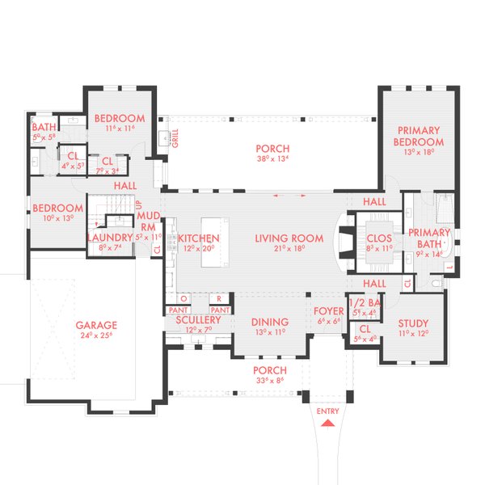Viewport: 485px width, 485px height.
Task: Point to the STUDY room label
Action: [413, 324]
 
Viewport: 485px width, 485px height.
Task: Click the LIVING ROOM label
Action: [289, 238]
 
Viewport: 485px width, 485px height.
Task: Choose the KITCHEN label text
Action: [198, 238]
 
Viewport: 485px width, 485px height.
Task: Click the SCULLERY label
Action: [198, 321]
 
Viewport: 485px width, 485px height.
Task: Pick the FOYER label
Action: [328, 310]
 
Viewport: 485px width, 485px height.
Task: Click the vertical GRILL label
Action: [175, 138]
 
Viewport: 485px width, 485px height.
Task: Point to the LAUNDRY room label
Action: [110, 237]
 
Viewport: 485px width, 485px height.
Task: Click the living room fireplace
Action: [343, 240]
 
